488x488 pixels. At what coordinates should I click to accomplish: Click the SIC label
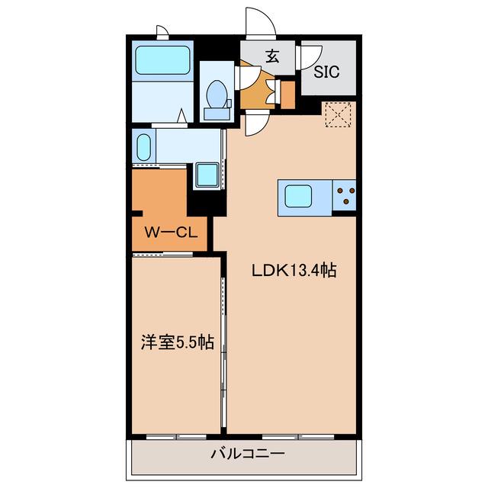tap(326, 72)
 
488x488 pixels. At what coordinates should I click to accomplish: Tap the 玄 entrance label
tap(273, 56)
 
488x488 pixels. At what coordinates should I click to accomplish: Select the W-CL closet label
tap(171, 232)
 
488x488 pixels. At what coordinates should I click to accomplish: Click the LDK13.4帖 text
tap(294, 270)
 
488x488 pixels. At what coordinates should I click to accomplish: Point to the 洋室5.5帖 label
tap(178, 342)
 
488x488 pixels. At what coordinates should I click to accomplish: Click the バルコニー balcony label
tap(248, 454)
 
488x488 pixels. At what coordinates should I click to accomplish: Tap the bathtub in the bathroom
tap(162, 60)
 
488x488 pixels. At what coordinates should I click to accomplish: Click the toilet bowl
tap(217, 94)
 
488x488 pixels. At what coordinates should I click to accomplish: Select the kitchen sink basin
tap(298, 196)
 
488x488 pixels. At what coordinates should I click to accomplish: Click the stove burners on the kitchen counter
tap(345, 195)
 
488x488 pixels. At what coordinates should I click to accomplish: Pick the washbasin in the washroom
tap(143, 147)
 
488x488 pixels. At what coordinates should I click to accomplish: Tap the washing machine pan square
tap(207, 175)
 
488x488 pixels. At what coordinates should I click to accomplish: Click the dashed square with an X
tap(339, 114)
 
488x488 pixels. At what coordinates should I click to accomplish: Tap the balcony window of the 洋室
tap(176, 437)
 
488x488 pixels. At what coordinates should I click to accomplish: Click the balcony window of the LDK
tap(298, 437)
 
